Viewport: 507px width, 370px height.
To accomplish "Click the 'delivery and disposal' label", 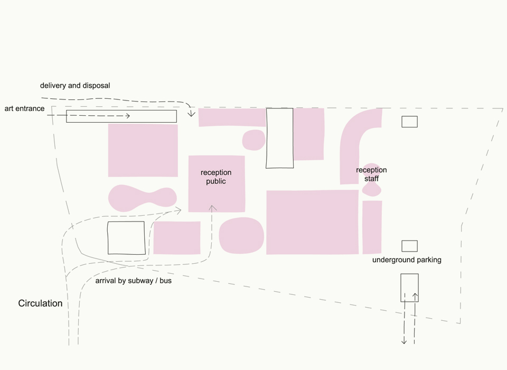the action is click(75, 86).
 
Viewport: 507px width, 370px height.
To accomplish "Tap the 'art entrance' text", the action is click(25, 108).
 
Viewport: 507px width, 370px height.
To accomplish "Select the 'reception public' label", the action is click(216, 177).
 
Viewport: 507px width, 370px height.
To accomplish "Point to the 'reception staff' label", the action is click(371, 174).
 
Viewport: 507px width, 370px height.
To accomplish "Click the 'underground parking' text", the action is click(407, 260).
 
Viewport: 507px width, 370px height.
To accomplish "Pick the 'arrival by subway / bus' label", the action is click(133, 281).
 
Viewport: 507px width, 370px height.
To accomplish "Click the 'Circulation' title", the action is click(40, 303).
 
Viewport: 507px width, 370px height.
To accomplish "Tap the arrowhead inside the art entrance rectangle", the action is click(128, 116).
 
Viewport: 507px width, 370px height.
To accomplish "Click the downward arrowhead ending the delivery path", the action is click(191, 114).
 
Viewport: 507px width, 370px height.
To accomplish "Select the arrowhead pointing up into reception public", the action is click(212, 208).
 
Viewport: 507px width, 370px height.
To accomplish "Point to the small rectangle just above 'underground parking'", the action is click(410, 246).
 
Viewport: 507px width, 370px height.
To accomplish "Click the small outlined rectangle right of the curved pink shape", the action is click(410, 122).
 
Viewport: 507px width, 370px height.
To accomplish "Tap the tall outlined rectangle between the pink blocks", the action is click(280, 138).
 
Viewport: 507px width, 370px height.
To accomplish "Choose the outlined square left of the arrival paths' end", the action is click(126, 238).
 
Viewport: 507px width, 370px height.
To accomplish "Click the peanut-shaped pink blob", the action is click(142, 198).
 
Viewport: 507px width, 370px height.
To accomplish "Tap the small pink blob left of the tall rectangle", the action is click(254, 140).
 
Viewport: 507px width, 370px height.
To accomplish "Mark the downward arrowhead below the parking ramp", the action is click(404, 341).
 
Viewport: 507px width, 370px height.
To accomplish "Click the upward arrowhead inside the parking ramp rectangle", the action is click(415, 295).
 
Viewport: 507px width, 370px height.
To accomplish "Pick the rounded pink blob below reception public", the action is click(241, 235).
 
